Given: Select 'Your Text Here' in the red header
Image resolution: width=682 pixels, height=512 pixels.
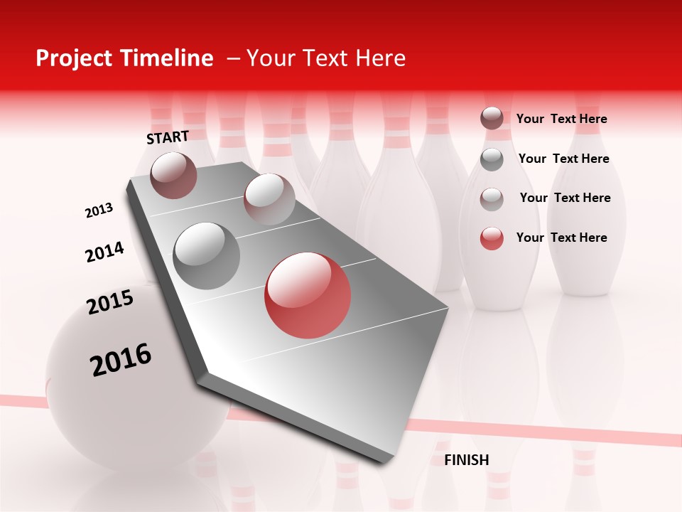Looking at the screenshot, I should coord(326,58).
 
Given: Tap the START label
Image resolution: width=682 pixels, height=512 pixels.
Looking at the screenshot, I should coord(168,137).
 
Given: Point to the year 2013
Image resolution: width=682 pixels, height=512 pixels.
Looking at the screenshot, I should coord(99,210).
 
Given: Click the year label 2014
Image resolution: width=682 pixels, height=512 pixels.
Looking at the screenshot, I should coord(105,252).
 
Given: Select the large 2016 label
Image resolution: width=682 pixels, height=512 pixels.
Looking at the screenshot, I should coord(121,359).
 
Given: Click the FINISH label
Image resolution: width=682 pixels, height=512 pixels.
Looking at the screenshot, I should coord(467,460).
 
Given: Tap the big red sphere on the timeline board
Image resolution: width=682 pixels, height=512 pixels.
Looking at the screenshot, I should coord(308,295).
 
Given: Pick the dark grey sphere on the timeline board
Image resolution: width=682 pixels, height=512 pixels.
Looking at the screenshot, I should coord(207,256).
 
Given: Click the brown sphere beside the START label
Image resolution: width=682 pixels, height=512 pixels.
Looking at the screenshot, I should coord(174,175).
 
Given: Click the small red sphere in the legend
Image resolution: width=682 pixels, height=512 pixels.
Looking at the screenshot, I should coord(492,238).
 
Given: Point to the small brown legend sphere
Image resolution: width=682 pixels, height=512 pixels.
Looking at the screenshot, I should coord(492,119).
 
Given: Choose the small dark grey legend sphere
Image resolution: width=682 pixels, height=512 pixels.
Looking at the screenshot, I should coord(492,159).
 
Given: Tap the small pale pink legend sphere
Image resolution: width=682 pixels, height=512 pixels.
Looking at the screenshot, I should coord(492,198).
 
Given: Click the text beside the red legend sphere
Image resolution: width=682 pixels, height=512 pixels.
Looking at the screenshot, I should coord(561,238).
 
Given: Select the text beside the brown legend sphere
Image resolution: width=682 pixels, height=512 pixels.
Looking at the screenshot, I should coord(561,119).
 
